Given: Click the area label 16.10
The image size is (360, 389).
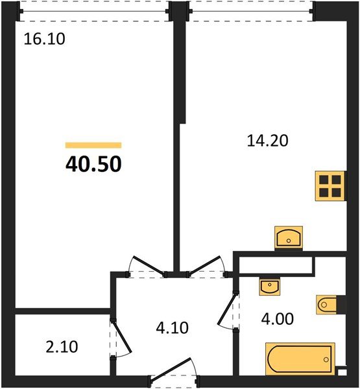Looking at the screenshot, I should coord(45,39).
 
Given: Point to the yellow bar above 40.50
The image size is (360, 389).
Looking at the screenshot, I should coord(93,146).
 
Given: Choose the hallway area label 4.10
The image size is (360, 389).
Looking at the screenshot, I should coord(172,328).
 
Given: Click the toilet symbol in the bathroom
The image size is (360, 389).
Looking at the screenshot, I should coord(327,303).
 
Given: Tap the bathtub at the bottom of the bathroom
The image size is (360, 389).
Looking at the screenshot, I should coord(299,358).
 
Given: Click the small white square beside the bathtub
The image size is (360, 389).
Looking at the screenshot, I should coord(341,373).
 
